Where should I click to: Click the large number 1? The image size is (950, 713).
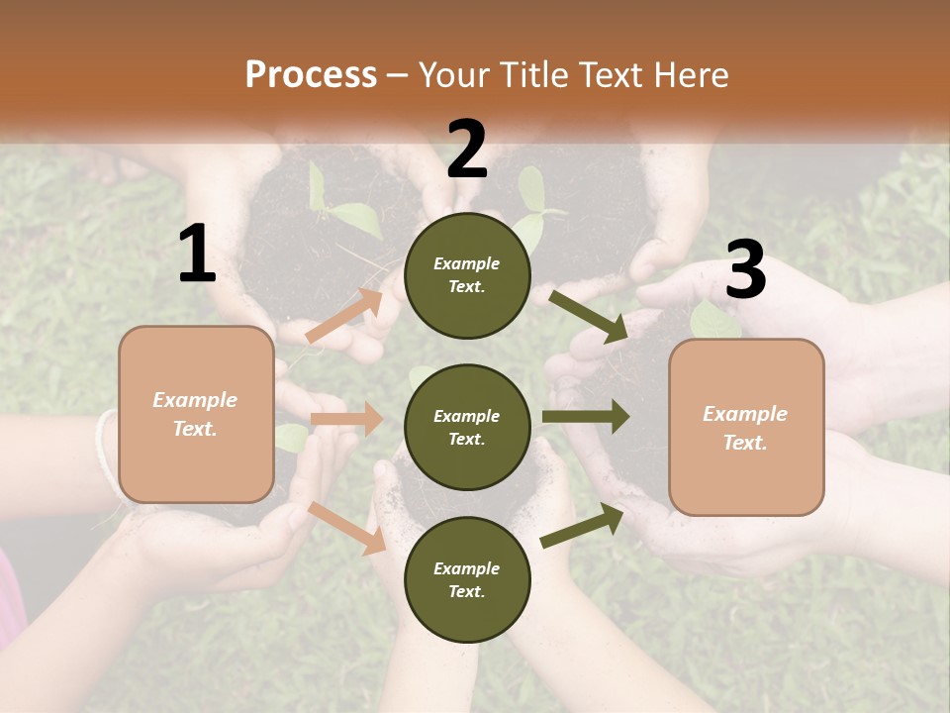[197, 255]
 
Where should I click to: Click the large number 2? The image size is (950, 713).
[467, 150]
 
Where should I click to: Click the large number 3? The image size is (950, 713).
[745, 270]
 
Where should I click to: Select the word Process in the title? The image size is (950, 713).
[311, 74]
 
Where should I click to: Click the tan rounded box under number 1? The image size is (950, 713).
[196, 414]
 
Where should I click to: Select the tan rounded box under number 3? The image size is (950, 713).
[746, 427]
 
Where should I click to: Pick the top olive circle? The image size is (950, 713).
[467, 275]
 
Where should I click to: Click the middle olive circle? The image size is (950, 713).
[467, 427]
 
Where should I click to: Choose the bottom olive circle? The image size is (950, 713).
[467, 579]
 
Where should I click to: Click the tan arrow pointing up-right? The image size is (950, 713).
[344, 316]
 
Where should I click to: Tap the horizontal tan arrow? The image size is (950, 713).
[346, 419]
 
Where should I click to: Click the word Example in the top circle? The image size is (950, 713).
[467, 264]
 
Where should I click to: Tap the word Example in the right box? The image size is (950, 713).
[745, 414]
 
